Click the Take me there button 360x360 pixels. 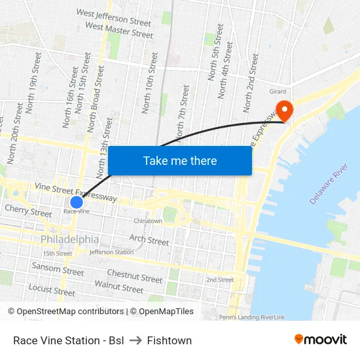[180, 160]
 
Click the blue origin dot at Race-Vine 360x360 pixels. [77, 202]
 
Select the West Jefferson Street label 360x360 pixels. [113, 17]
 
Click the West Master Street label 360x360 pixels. [119, 30]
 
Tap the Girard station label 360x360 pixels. [278, 92]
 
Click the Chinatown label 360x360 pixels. [148, 221]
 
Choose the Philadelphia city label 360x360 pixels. [70, 240]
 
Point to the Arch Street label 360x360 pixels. [149, 240]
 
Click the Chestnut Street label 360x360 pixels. [134, 276]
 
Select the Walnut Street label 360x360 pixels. [119, 287]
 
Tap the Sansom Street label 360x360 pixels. [58, 269]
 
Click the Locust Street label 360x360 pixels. [52, 290]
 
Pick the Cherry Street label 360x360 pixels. [28, 212]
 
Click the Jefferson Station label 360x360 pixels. [111, 252]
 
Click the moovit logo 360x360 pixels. [320, 340]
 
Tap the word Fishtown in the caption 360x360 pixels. [170, 340]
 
